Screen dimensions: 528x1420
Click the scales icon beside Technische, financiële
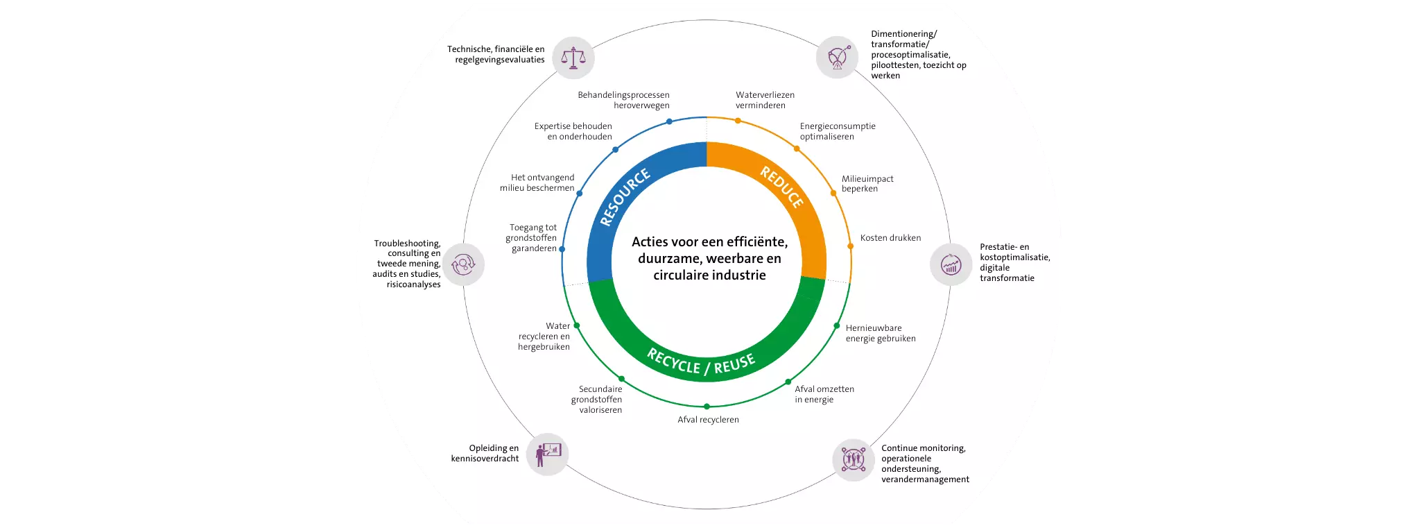pos(573,58)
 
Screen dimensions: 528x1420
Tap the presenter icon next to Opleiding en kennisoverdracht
pos(547,454)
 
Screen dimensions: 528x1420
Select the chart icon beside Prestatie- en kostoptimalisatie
pos(951,264)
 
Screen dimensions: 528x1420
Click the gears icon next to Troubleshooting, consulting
pos(463,264)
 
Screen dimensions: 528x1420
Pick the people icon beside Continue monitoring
pos(853,459)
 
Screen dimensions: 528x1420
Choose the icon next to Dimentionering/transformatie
pos(838,57)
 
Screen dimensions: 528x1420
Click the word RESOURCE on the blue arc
pos(625,197)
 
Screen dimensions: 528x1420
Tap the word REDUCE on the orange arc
pos(782,187)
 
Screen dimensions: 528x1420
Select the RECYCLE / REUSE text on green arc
pos(701,362)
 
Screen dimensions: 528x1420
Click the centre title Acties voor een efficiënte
pos(709,258)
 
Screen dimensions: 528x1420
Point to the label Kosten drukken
pos(890,238)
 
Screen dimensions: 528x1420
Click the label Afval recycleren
pos(708,420)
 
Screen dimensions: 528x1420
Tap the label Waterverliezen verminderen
pos(765,100)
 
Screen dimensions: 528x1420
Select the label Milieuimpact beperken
pos(867,184)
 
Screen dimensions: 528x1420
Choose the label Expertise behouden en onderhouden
pos(573,131)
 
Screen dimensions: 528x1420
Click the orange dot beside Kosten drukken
pos(850,246)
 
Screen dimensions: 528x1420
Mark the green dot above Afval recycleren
pos(707,407)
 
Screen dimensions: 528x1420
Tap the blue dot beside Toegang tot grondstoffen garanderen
pos(562,249)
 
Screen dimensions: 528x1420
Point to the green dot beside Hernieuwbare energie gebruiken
pos(837,325)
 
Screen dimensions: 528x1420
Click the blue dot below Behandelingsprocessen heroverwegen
pos(669,121)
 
